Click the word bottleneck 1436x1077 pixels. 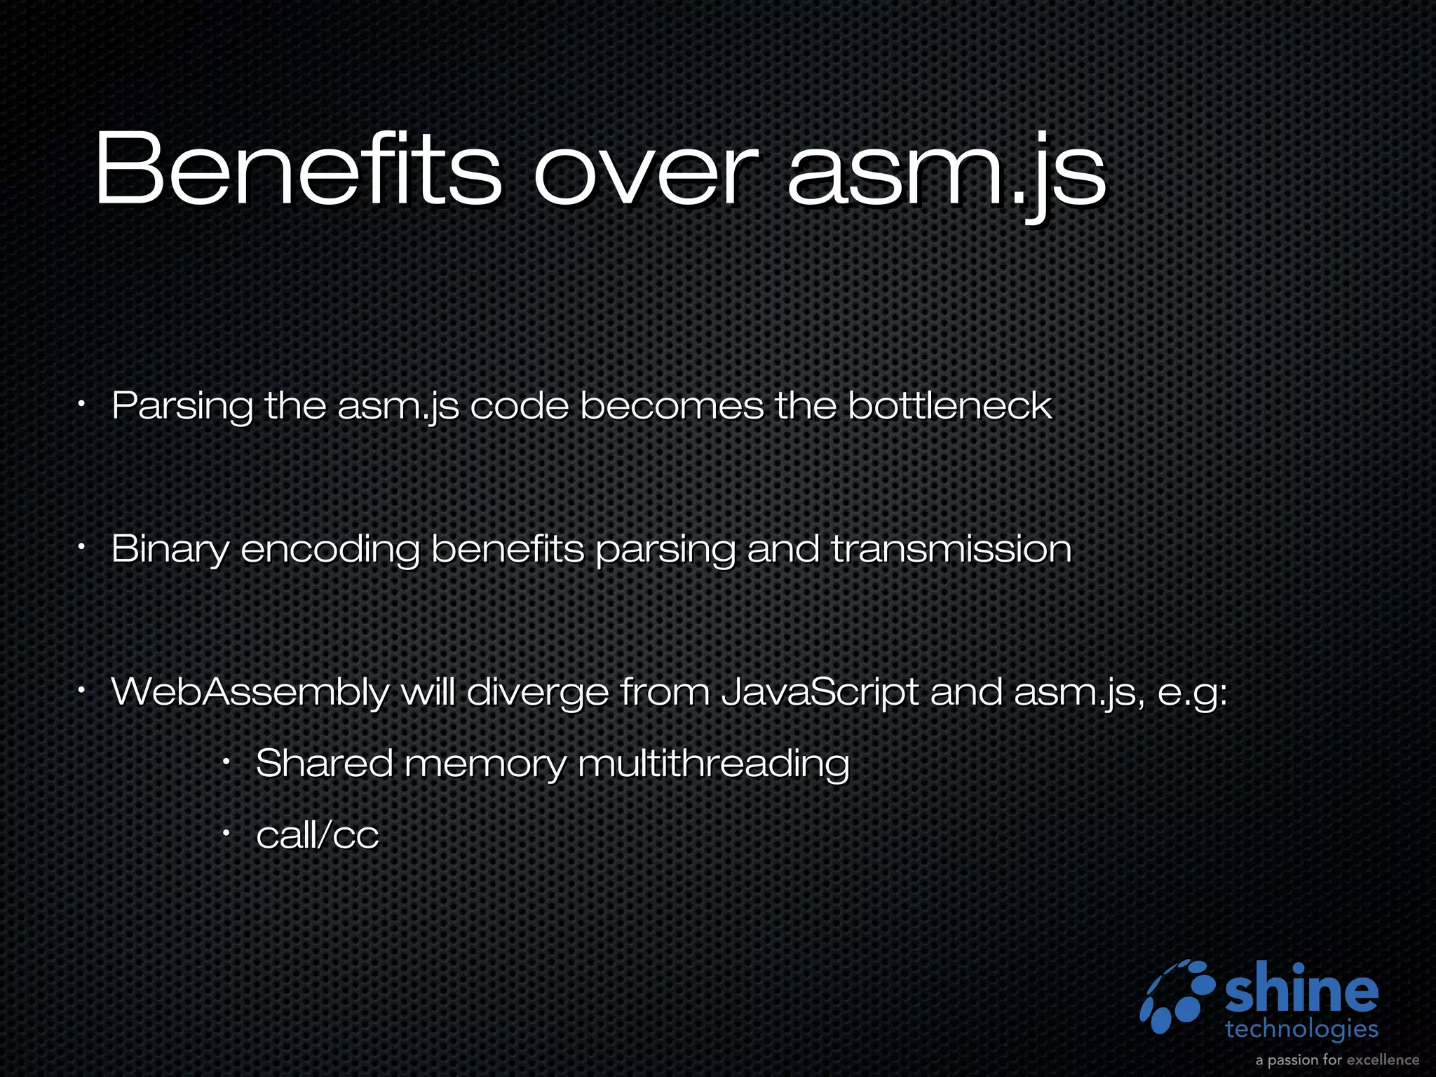[x=949, y=406]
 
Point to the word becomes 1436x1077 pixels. [x=672, y=406]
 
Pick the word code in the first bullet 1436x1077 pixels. [x=519, y=406]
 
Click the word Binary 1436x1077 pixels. [x=170, y=550]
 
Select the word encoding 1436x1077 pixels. [x=330, y=548]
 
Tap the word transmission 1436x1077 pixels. [x=951, y=548]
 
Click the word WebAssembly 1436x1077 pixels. [x=250, y=693]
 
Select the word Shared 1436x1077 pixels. [x=324, y=763]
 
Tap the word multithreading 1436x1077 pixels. [x=713, y=764]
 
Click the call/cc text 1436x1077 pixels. [x=317, y=835]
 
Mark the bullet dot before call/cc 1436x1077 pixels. [x=226, y=833]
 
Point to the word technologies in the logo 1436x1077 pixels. [x=1301, y=1029]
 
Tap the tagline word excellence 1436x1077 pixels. [x=1382, y=1059]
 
